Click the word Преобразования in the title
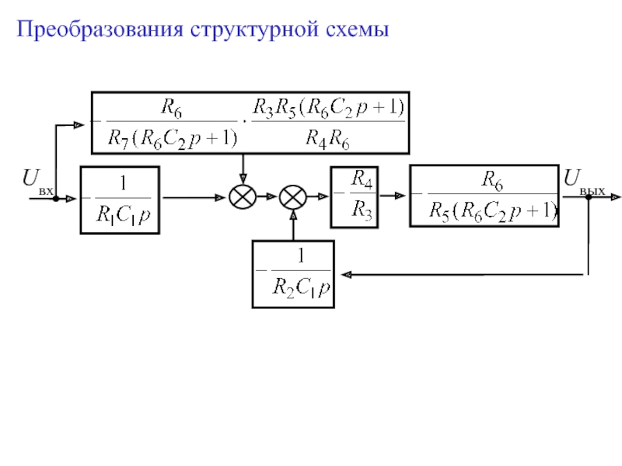point(100,30)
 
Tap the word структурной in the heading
point(255,30)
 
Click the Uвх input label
point(37,182)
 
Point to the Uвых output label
point(584,182)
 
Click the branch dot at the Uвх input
point(56,199)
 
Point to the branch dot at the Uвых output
point(589,197)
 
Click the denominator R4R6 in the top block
point(327,140)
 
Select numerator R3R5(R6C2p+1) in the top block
point(328,108)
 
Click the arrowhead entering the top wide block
point(79,125)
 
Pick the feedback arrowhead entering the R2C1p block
point(346,274)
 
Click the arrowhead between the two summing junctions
point(271,196)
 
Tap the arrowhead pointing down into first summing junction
point(243,179)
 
